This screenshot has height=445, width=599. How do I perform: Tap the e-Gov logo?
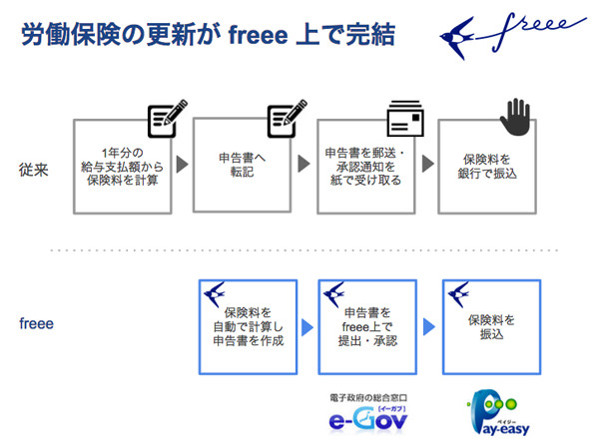370,417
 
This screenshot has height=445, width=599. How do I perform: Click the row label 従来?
34,166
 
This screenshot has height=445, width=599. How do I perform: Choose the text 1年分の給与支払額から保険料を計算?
125,166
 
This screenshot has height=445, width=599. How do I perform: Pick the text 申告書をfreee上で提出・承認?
366,326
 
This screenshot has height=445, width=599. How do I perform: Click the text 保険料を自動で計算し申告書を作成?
248,326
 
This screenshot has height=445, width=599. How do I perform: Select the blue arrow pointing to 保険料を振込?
427,326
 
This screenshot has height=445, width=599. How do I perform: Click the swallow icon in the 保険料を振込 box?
460,295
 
